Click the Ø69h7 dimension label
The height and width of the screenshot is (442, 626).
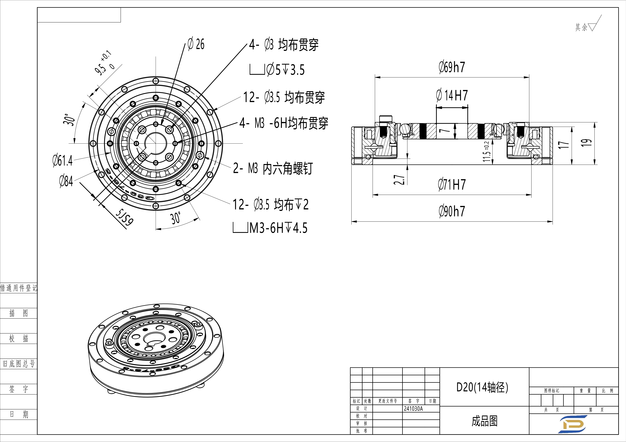click(x=452, y=67)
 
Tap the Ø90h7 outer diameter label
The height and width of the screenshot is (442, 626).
click(x=452, y=211)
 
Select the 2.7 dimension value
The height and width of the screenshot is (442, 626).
click(x=399, y=180)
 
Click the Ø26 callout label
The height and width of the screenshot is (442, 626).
click(x=196, y=44)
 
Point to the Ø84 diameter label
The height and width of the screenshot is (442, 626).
click(x=66, y=181)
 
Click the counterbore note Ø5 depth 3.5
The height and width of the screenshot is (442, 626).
click(x=277, y=70)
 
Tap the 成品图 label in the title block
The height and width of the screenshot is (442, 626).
click(x=485, y=421)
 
